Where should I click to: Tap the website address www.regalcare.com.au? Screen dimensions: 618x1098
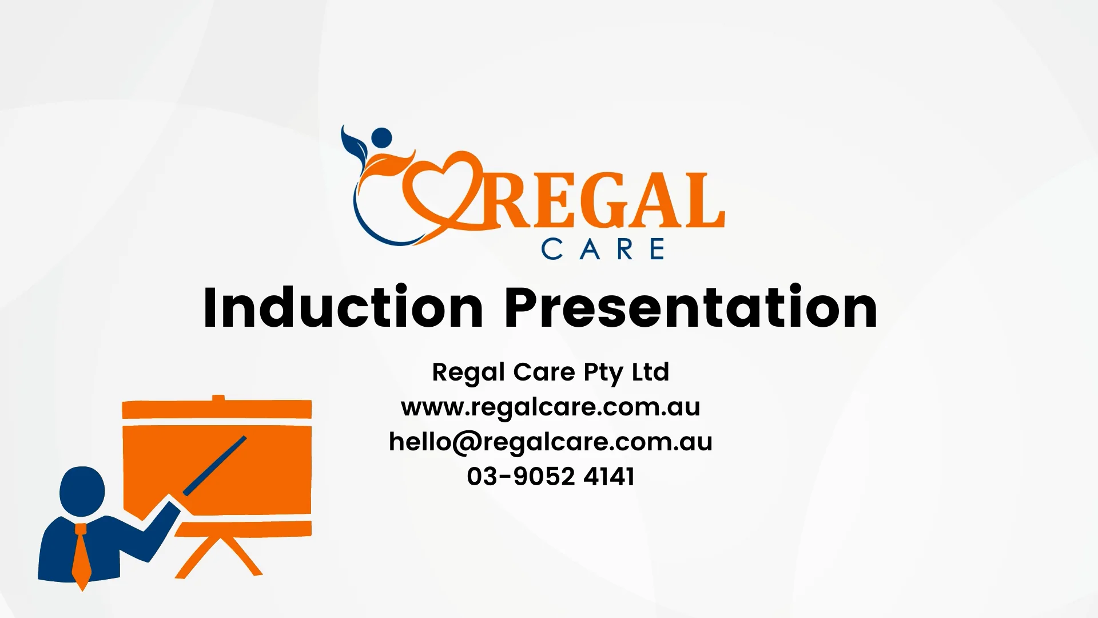[x=550, y=407]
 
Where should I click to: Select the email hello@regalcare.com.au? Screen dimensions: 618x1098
[x=550, y=442]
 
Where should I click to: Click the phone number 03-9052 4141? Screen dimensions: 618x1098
[x=550, y=477]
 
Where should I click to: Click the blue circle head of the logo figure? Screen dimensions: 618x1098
[x=381, y=138]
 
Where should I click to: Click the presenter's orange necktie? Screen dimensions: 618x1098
[x=81, y=555]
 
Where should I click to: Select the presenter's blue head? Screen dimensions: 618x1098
[x=82, y=491]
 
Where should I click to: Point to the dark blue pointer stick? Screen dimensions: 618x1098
[x=214, y=466]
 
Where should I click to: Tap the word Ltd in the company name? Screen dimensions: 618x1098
[x=650, y=372]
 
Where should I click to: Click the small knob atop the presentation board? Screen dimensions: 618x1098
[x=218, y=398]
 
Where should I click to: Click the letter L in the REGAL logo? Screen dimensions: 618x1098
[x=703, y=200]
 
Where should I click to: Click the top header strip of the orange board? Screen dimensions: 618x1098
[x=217, y=410]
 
